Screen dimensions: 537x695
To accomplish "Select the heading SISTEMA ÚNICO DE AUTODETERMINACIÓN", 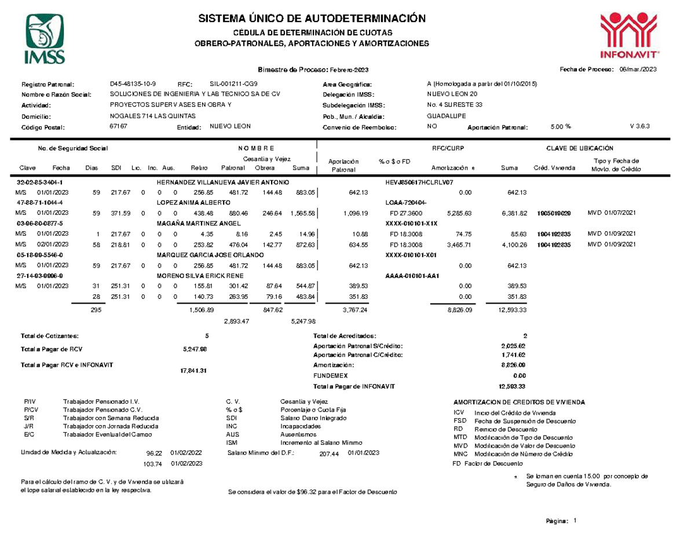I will coord(312,19).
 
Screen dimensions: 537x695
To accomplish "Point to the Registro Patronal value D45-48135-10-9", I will coord(137,84).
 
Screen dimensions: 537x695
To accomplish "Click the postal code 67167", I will coord(118,126).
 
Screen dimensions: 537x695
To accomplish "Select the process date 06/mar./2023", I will coord(638,70).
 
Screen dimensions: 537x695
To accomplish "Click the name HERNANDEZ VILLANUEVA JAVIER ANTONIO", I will coord(223,182).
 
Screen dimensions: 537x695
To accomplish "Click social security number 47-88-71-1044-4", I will coord(39,203).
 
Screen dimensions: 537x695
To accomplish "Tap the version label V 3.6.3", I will coord(641,126).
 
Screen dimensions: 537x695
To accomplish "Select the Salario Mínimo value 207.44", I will coord(329,454).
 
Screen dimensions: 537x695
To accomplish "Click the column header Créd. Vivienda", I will coord(554,168).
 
